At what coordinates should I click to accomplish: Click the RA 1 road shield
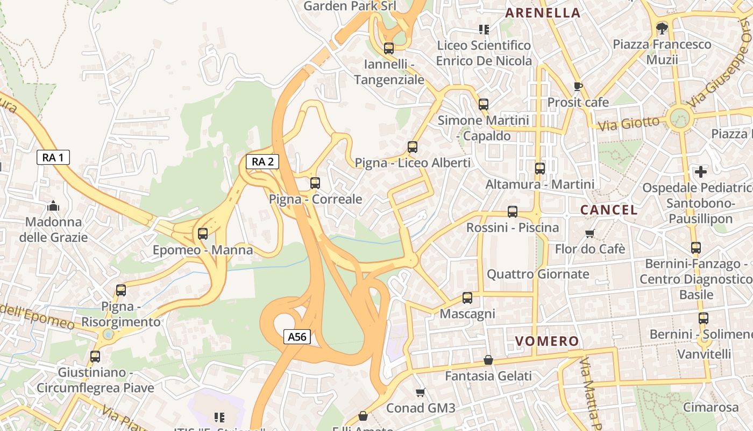(x=53, y=157)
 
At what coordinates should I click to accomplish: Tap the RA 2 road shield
(x=262, y=161)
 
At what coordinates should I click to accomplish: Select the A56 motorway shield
(x=297, y=337)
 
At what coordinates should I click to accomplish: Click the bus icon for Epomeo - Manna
(x=203, y=234)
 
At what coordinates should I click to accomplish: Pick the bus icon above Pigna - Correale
(x=315, y=183)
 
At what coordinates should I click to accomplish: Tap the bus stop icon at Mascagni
(x=467, y=298)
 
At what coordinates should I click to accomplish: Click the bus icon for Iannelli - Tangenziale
(x=389, y=48)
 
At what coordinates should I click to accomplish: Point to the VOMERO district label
(x=547, y=341)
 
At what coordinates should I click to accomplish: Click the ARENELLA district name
(x=543, y=13)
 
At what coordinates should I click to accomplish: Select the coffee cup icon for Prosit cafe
(x=578, y=86)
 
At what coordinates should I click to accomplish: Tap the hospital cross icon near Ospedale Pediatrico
(x=701, y=172)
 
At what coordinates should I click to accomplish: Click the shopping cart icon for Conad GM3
(x=421, y=392)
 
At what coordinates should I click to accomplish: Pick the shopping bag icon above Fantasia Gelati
(x=488, y=360)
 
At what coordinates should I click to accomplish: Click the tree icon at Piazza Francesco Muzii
(x=662, y=28)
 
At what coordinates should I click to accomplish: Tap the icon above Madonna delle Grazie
(x=53, y=206)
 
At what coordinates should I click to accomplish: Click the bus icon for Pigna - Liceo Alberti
(x=413, y=147)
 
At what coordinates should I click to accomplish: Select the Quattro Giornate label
(x=538, y=274)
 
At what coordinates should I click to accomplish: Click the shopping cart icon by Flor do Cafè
(x=590, y=233)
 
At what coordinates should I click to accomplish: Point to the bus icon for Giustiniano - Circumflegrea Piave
(x=95, y=356)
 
